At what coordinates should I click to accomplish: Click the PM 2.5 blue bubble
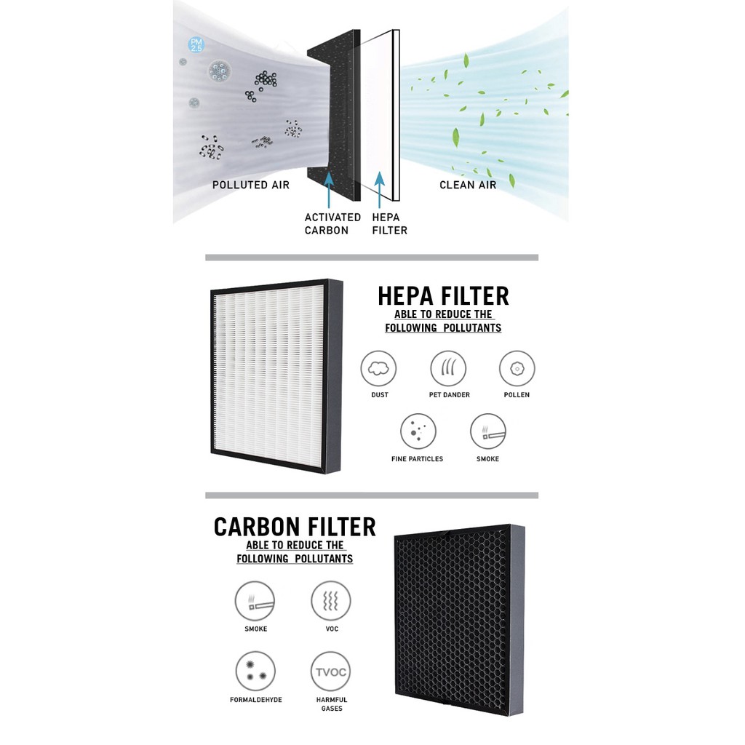click(196, 44)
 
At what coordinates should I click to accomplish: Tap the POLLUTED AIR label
click(251, 185)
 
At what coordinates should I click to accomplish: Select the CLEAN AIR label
click(468, 185)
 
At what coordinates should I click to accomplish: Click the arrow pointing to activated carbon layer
click(329, 189)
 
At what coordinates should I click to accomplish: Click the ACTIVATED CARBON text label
click(332, 223)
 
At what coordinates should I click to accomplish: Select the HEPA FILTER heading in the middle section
click(443, 296)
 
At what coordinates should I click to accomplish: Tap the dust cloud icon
click(379, 368)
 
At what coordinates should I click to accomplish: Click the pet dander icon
click(448, 368)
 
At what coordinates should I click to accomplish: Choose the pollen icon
click(517, 368)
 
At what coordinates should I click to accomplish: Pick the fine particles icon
click(418, 431)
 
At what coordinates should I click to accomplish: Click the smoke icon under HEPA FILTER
click(487, 431)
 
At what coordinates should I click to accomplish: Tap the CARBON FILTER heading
click(295, 527)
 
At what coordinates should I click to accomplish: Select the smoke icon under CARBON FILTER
click(255, 601)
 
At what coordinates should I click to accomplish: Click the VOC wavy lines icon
click(331, 601)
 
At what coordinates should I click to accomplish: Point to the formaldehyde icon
click(255, 671)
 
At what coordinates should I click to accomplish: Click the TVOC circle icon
click(331, 671)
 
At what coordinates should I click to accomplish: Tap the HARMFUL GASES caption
click(331, 704)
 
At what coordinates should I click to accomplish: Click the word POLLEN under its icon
click(516, 395)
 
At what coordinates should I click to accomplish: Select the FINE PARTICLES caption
click(417, 459)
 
